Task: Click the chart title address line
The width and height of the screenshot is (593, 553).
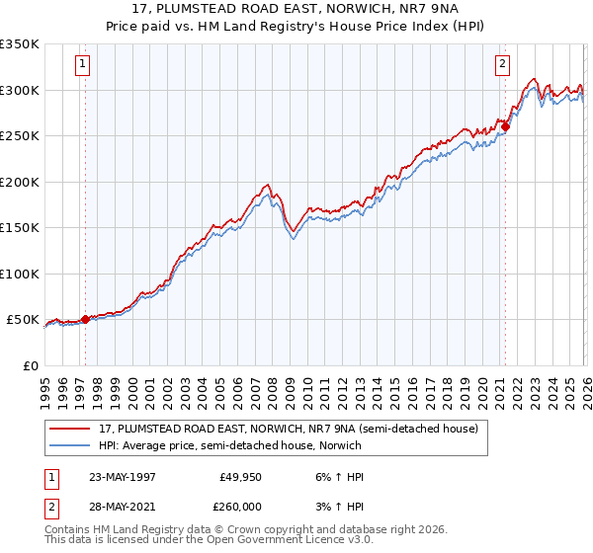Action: click(296, 10)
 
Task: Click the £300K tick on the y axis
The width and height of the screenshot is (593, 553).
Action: click(20, 90)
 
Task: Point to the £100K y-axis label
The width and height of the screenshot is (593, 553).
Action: click(20, 274)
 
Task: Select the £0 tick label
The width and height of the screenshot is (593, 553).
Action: click(30, 365)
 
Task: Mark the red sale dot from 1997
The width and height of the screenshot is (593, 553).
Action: click(86, 319)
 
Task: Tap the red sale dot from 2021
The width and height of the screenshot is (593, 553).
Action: click(504, 126)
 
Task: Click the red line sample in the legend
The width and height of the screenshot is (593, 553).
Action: click(70, 429)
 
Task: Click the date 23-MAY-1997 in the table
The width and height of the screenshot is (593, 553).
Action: click(125, 477)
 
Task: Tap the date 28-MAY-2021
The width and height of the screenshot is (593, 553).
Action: click(125, 506)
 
